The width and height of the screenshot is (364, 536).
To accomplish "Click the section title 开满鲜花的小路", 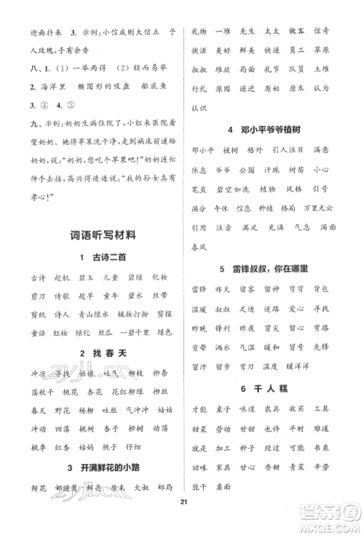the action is pyautogui.click(x=98, y=468).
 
